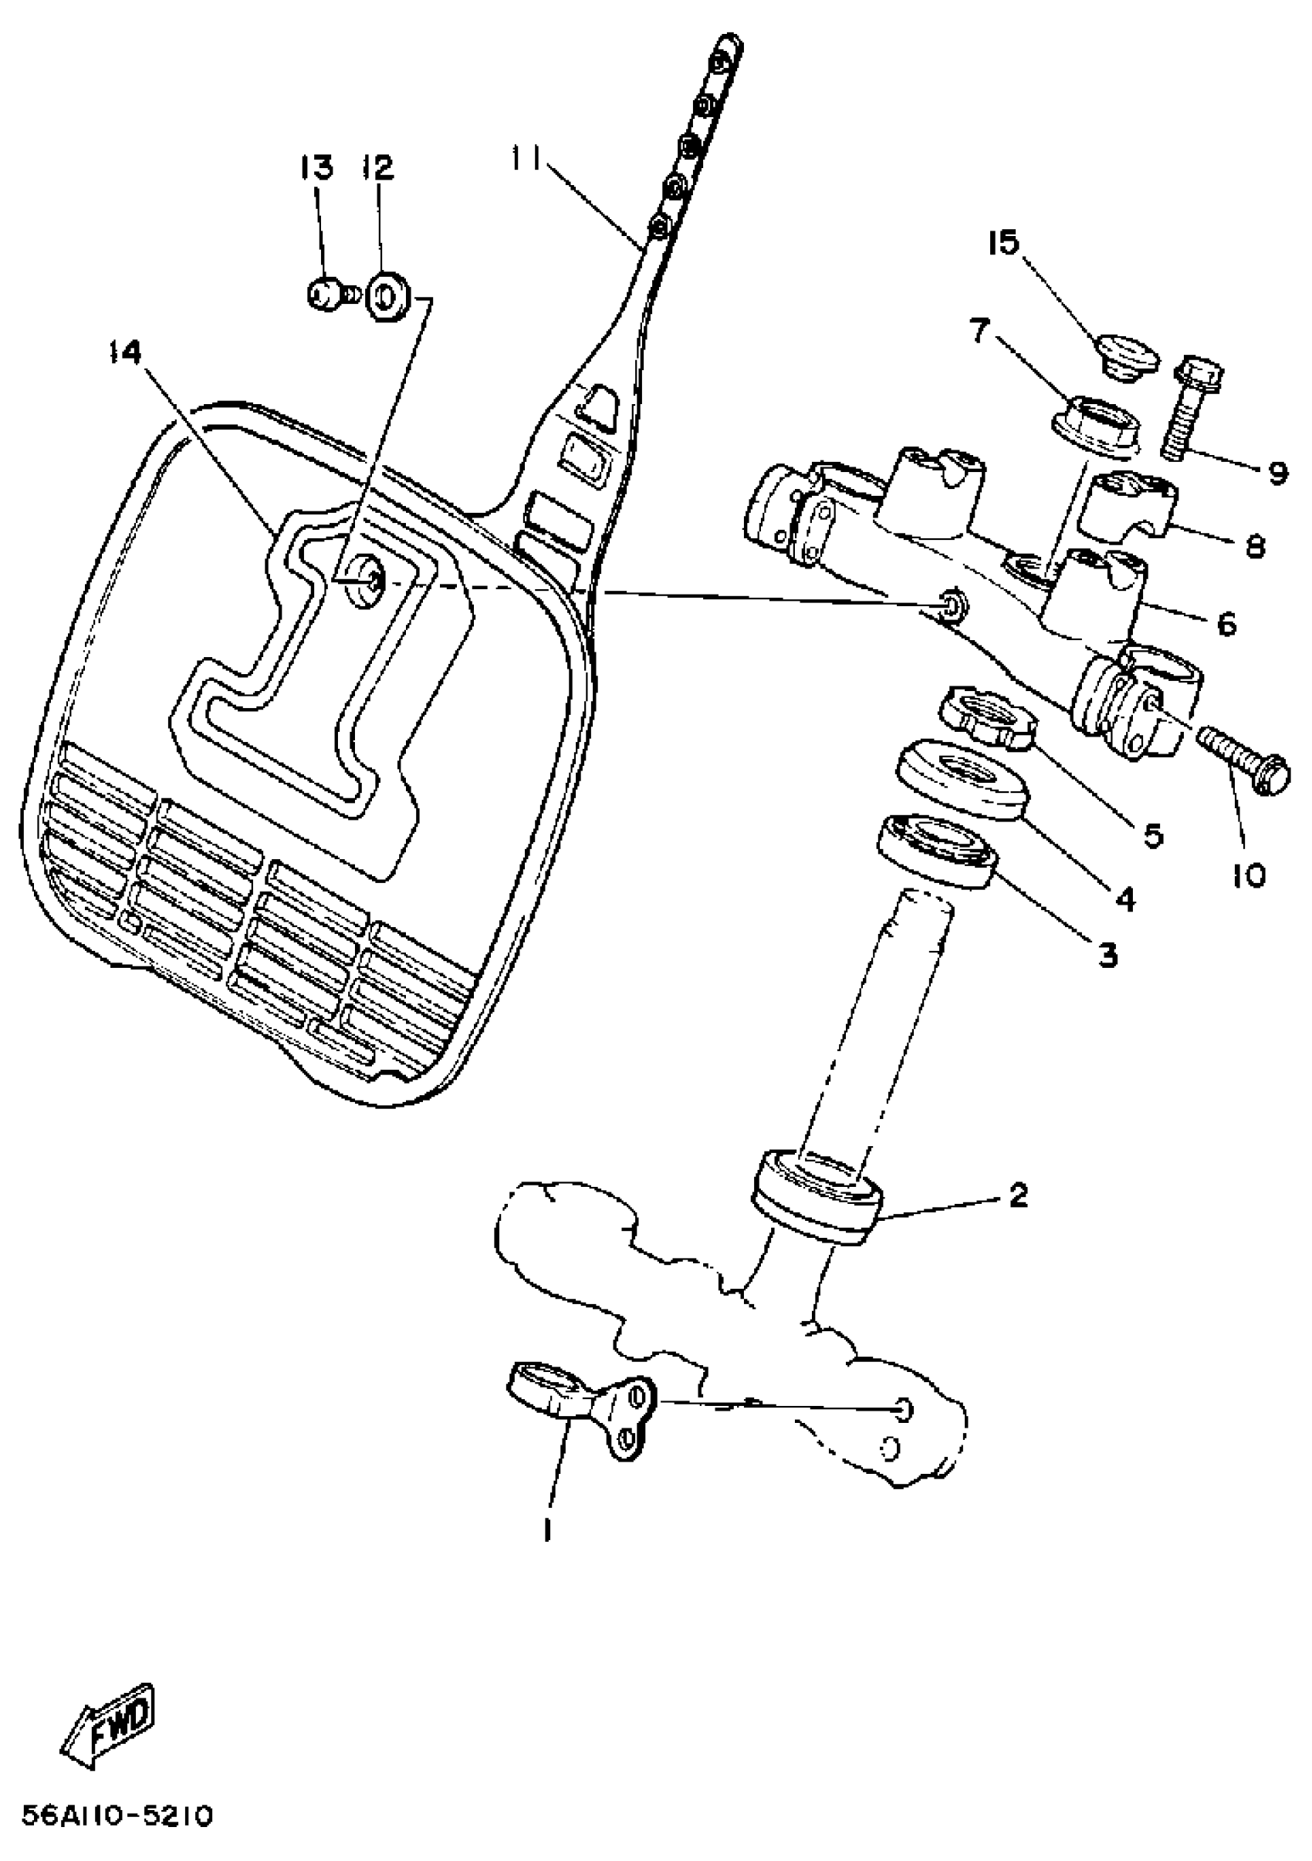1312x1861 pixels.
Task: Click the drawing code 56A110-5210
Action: click(117, 1813)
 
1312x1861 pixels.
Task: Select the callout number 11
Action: click(528, 156)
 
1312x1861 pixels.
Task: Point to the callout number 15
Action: click(1003, 241)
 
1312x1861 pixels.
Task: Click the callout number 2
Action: click(1018, 1195)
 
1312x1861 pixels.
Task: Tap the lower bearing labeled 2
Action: click(817, 1195)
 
